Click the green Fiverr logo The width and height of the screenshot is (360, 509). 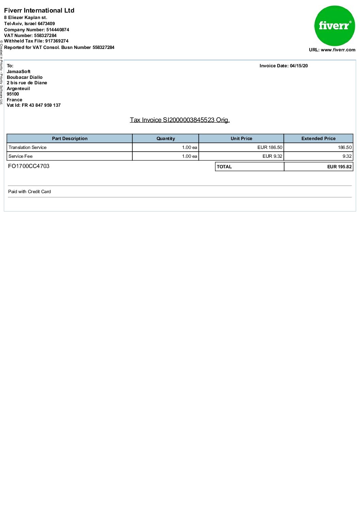[334, 26]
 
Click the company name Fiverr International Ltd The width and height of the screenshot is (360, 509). [39, 11]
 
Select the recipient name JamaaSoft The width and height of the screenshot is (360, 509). [19, 72]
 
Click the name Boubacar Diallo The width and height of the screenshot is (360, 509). [24, 78]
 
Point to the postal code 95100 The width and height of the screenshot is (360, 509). [13, 94]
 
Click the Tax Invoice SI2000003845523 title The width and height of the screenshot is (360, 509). [180, 120]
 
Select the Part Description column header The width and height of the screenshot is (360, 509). [70, 139]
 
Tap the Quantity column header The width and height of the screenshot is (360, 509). [166, 139]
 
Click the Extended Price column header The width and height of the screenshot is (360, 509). [318, 139]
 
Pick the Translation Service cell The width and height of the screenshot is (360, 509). [28, 148]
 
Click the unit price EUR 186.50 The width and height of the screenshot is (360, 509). [270, 148]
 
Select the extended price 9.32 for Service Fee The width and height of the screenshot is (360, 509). [347, 156]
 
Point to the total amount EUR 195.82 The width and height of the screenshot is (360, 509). [339, 167]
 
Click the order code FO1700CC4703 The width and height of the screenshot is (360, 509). [29, 166]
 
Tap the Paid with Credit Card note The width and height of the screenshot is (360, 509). [30, 192]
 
